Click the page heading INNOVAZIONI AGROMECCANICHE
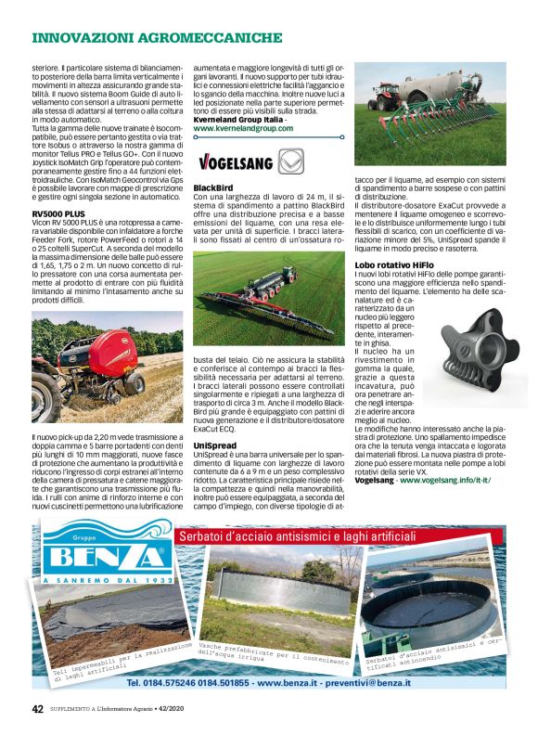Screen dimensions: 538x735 [x=157, y=38]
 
